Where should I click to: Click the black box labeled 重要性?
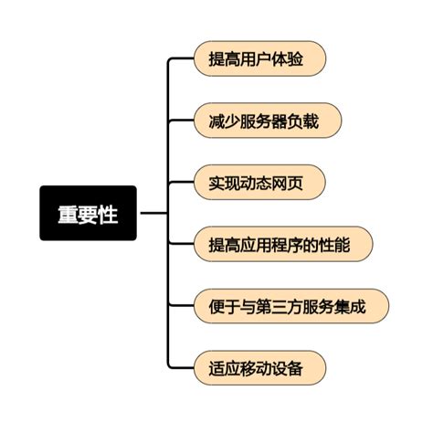click(x=88, y=213)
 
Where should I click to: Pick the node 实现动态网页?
click(x=259, y=182)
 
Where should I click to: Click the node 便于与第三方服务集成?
click(x=291, y=306)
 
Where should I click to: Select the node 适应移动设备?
click(x=260, y=367)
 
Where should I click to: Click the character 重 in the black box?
click(x=68, y=214)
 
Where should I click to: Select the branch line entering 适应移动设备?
click(x=181, y=367)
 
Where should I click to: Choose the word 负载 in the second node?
click(x=303, y=121)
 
